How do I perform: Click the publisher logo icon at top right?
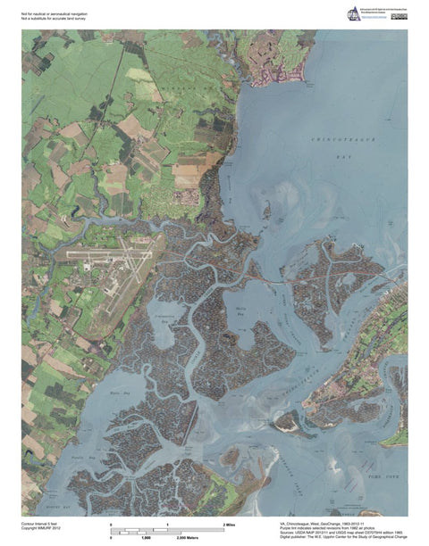[x=353, y=13]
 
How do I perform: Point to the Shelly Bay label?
[x=240, y=312]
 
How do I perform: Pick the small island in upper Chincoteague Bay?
[x=265, y=211]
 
